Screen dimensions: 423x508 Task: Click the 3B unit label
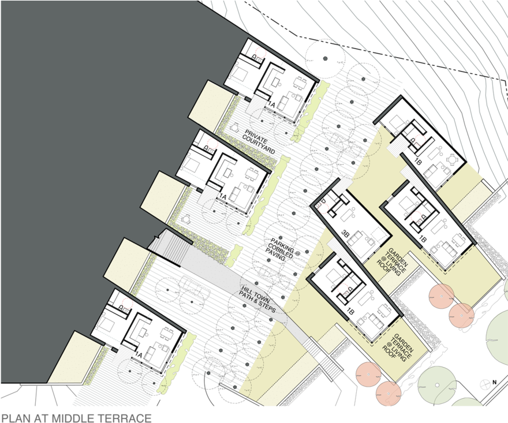tap(345, 233)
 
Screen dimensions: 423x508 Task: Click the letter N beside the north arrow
tap(494, 381)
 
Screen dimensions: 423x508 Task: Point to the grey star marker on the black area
tap(325, 58)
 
